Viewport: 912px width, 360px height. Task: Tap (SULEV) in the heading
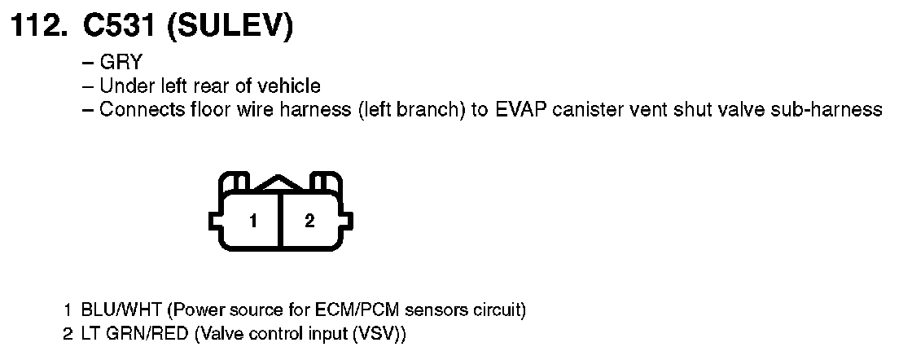coord(230,28)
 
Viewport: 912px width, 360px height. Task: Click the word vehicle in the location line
coord(292,86)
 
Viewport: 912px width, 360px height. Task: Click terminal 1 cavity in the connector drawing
coord(253,220)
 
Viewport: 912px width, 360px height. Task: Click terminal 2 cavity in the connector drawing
coord(309,220)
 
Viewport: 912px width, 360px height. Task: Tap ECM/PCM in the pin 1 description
coord(348,310)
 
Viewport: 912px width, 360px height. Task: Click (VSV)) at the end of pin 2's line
coord(380,334)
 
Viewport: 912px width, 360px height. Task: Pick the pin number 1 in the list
coord(68,310)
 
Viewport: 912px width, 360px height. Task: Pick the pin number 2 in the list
coord(68,334)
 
